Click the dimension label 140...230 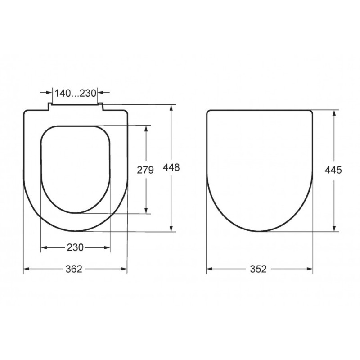tap(75, 93)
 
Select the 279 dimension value tap(145, 170)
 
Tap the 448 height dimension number tap(171, 167)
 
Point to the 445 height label tap(333, 170)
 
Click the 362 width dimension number tap(74, 269)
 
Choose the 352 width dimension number tap(258, 269)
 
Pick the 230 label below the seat tap(75, 247)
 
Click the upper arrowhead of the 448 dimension tap(171, 108)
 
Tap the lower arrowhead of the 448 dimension tap(171, 229)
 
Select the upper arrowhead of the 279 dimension tap(146, 129)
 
